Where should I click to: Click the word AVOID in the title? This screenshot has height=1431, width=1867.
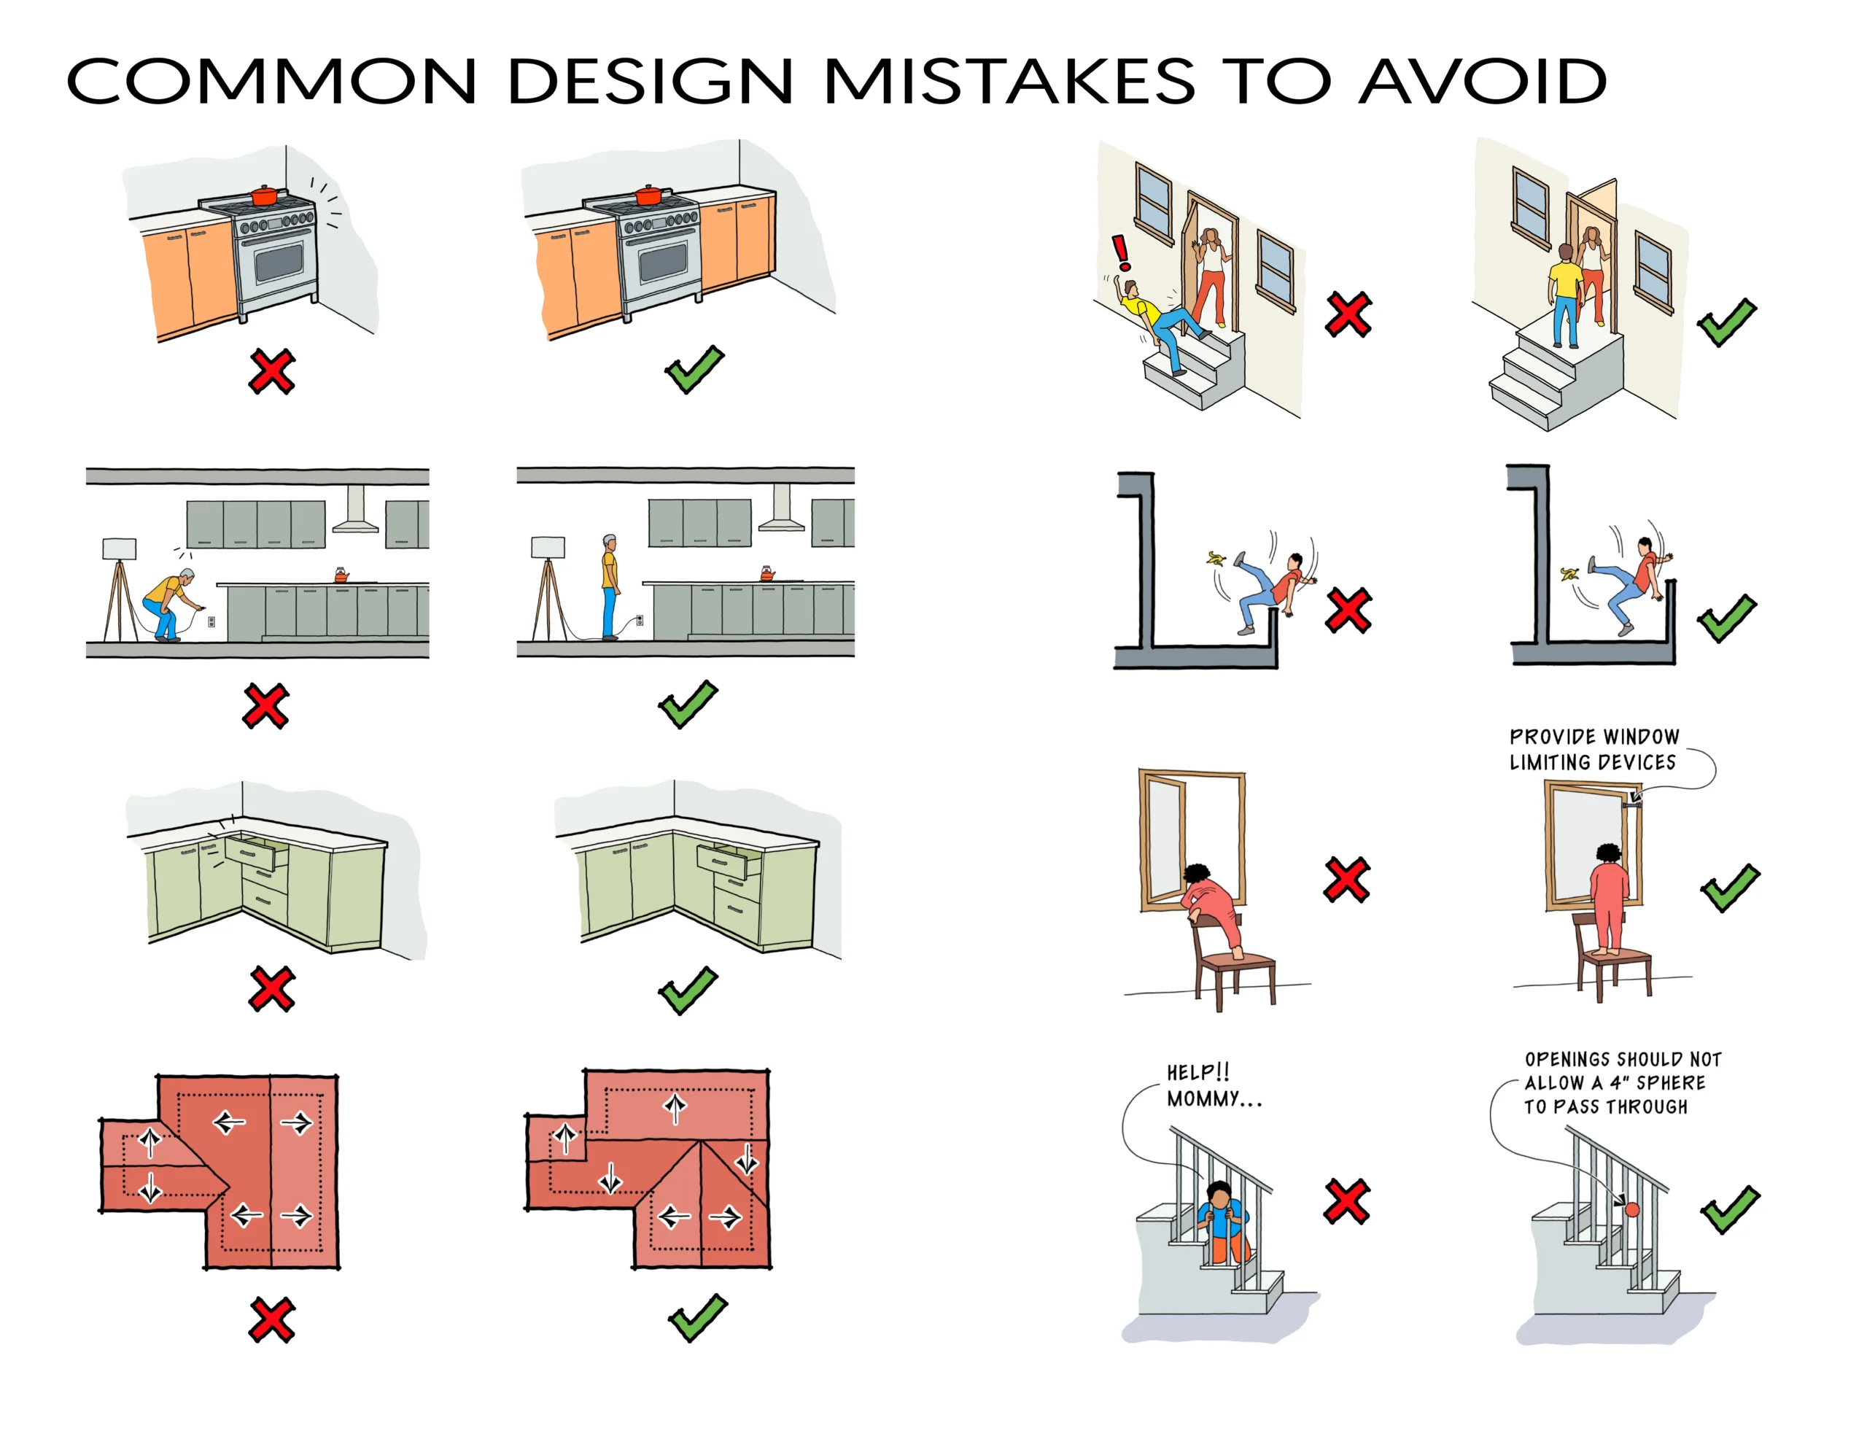click(x=1482, y=82)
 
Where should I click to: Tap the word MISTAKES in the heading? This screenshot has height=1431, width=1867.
click(x=1009, y=82)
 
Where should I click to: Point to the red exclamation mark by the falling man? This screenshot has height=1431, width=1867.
click(x=1122, y=252)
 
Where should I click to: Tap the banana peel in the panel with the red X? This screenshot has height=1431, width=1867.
click(x=1216, y=559)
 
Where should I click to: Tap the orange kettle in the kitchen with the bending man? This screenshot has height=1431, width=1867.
click(x=341, y=575)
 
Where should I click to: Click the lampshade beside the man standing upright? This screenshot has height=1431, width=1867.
click(x=548, y=547)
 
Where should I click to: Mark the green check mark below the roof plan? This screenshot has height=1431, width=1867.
click(x=697, y=1318)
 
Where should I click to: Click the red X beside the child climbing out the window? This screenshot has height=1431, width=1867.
click(x=1346, y=879)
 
